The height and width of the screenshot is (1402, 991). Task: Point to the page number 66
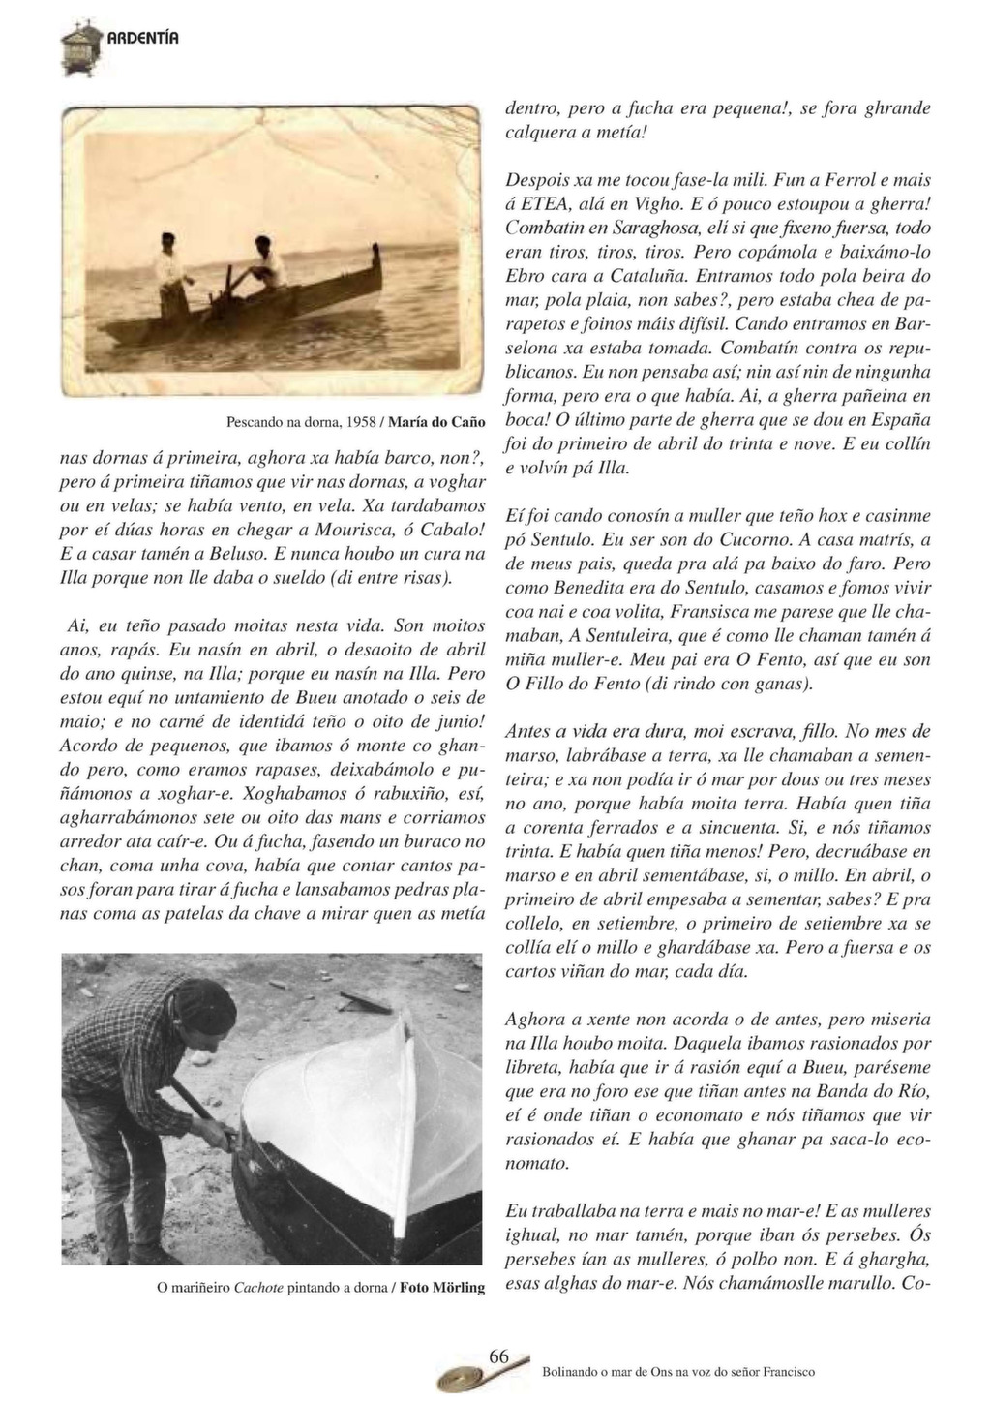(498, 1356)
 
